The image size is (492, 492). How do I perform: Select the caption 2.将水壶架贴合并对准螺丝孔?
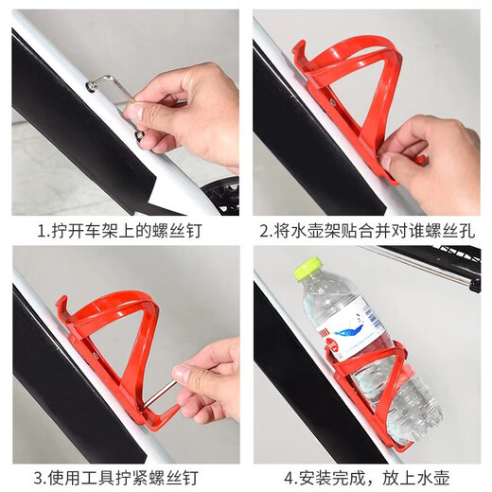click(x=369, y=230)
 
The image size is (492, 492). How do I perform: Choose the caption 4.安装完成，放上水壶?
click(x=369, y=477)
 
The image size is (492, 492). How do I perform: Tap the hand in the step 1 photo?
click(x=189, y=109)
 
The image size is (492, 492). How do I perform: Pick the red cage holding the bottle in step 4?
click(x=378, y=388)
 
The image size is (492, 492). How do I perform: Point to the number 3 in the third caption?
click(x=41, y=477)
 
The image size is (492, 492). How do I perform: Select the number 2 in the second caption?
click(x=264, y=230)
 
